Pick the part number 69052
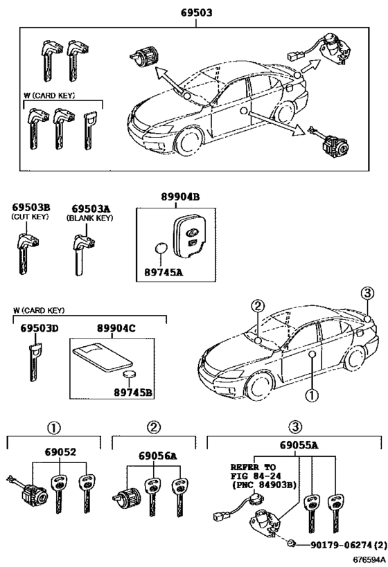tap(61, 453)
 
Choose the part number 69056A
tap(157, 456)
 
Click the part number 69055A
tap(299, 445)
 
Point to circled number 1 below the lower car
tap(311, 397)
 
